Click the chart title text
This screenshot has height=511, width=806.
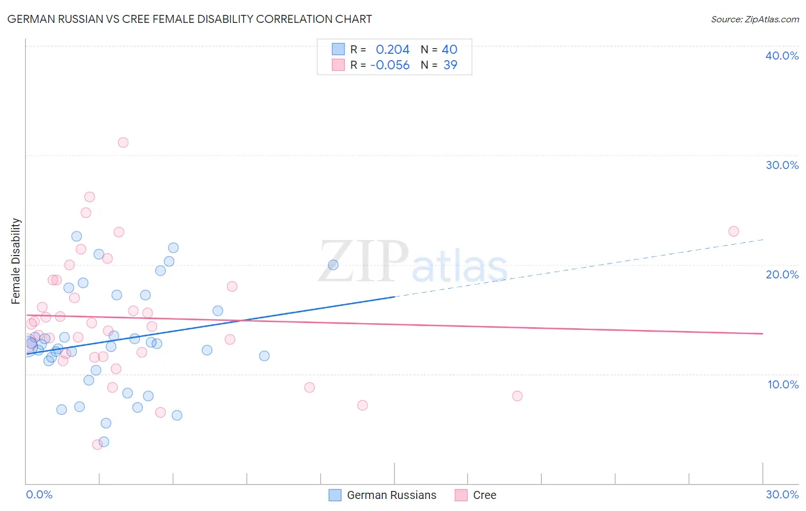190,19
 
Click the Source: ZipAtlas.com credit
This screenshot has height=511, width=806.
754,19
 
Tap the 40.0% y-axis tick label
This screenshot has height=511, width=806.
782,56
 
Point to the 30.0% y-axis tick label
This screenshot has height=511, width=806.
782,165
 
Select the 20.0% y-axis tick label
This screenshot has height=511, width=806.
782,274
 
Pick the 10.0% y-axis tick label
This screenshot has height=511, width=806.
782,384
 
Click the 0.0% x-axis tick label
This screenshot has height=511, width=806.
39,494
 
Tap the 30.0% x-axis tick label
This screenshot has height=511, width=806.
782,494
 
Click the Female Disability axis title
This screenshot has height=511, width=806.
16,261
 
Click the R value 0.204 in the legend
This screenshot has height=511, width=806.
393,50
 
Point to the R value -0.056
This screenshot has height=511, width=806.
390,65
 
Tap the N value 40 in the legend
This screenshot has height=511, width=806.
449,50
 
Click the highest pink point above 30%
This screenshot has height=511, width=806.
123,143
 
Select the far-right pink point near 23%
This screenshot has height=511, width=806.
734,231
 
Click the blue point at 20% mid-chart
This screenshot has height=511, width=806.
333,265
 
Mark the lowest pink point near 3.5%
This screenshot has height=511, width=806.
97,445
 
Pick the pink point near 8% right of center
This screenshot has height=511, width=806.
517,396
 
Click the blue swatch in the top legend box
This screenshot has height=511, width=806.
339,50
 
